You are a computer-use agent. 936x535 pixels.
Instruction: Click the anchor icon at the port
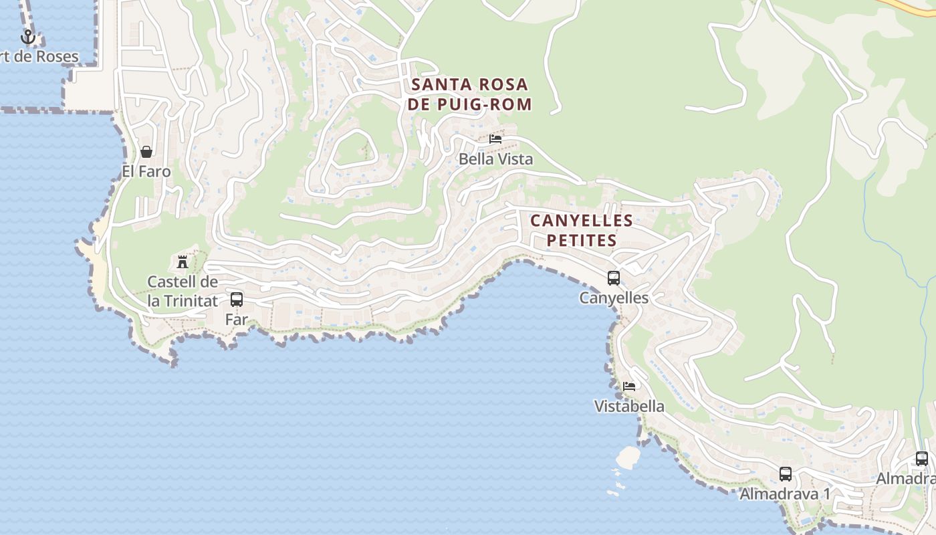27,37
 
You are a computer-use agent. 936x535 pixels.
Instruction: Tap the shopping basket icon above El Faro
146,152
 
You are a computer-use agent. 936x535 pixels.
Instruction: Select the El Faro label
146,172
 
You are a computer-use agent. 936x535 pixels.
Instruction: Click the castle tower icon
182,261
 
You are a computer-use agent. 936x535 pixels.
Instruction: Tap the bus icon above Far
237,300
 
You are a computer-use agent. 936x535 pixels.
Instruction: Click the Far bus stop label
237,320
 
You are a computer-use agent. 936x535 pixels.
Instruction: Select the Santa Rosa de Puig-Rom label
470,94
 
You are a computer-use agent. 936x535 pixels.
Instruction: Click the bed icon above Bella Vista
495,139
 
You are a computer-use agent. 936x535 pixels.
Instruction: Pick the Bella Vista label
495,159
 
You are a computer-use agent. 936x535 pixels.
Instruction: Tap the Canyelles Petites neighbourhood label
582,230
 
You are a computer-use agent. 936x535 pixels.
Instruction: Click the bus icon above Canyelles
614,278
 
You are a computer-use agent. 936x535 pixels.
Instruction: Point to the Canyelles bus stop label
614,298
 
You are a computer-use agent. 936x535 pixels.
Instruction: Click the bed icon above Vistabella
629,387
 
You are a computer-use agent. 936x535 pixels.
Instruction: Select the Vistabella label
629,407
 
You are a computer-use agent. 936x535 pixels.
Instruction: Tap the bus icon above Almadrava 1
786,474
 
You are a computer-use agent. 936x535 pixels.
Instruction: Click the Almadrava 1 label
785,494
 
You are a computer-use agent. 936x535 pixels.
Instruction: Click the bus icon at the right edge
922,459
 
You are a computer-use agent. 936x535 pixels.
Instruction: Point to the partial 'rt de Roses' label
39,57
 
